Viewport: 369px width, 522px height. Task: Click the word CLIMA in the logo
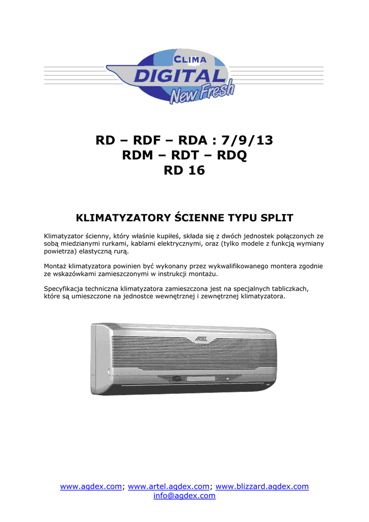[x=188, y=60]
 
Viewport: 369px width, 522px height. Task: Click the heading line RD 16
[x=184, y=170]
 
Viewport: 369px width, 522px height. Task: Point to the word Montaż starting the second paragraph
[x=55, y=266]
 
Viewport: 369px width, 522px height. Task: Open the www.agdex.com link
[x=91, y=487]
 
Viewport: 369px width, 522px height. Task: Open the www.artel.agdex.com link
[x=169, y=487]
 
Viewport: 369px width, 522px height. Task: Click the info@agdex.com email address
[x=184, y=495]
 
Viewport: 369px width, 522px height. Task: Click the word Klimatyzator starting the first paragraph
[x=64, y=236]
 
